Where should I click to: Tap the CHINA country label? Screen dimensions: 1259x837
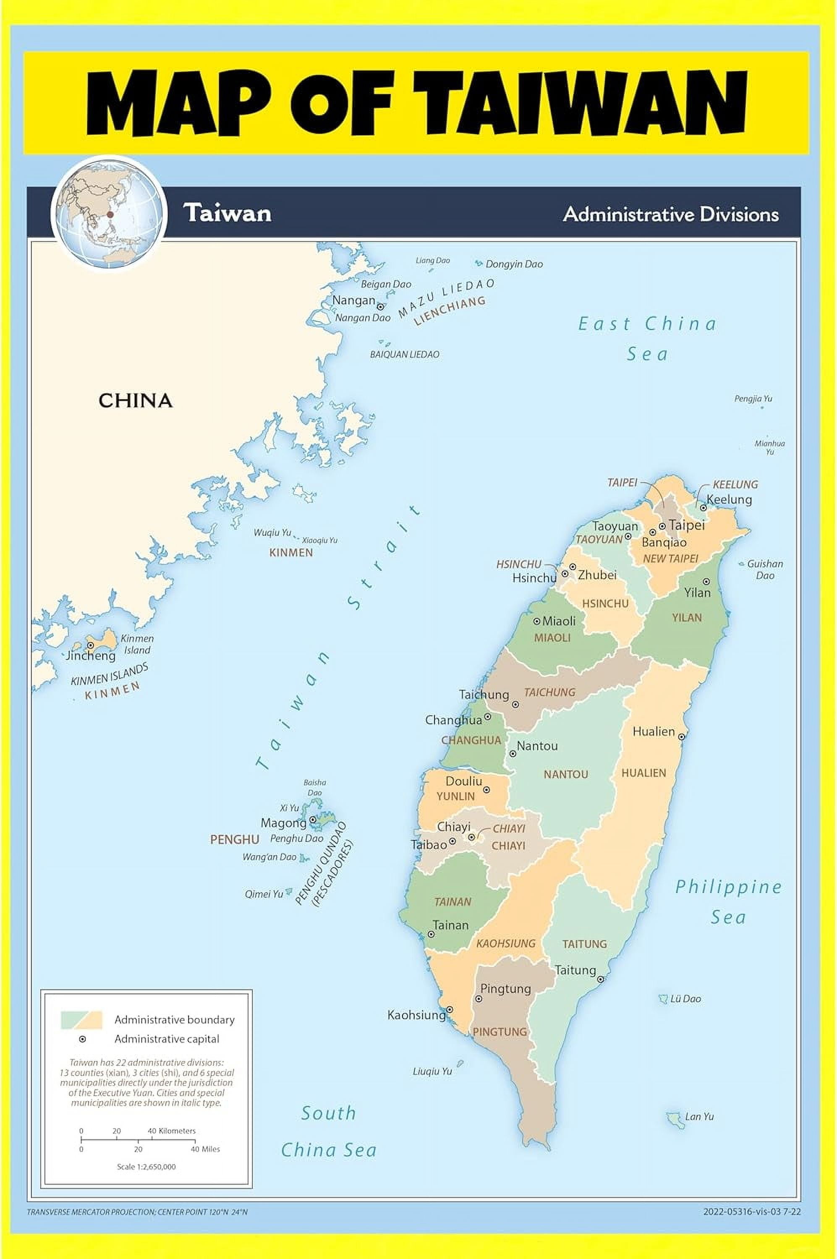click(x=135, y=401)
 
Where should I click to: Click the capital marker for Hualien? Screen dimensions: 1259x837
click(x=682, y=737)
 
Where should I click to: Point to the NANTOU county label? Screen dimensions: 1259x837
click(x=566, y=774)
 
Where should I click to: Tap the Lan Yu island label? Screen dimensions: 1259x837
click(x=699, y=1116)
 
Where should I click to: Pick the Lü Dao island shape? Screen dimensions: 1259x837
click(x=664, y=998)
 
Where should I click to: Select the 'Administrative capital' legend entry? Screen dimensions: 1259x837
click(x=167, y=1039)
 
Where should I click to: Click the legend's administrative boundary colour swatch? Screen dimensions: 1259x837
click(x=81, y=1019)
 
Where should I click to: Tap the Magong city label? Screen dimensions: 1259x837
click(x=283, y=823)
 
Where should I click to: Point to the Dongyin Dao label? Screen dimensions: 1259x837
click(x=514, y=264)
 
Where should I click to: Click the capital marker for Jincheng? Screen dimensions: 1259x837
click(x=91, y=645)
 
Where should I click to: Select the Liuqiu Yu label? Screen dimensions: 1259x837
click(x=432, y=1071)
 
